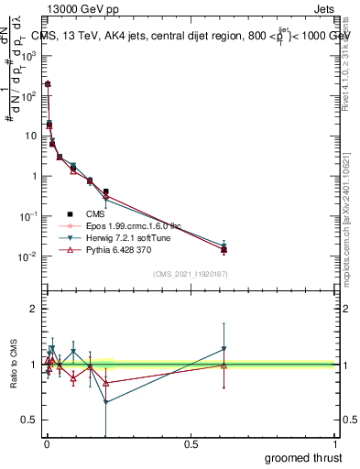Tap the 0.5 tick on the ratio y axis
pyautogui.click(x=29, y=420)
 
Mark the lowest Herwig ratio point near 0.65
pyautogui.click(x=106, y=402)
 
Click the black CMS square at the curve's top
pyautogui.click(x=48, y=83)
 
